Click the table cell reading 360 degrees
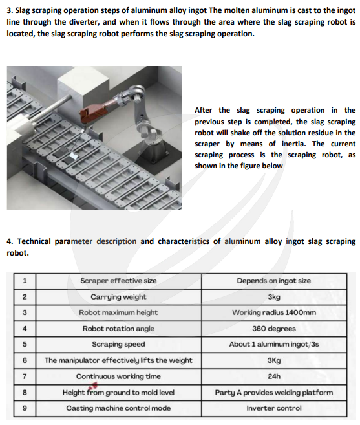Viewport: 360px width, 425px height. tap(274, 329)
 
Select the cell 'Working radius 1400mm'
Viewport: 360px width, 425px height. tap(274, 313)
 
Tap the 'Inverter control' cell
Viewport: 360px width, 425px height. tap(274, 408)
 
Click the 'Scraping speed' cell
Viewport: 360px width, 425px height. tap(118, 345)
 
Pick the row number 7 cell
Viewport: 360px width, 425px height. tap(25, 376)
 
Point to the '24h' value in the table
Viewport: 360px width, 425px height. tap(274, 376)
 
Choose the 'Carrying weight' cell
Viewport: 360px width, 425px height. tap(118, 297)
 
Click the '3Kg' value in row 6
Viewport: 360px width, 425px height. tap(274, 360)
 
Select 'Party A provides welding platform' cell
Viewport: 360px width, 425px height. tap(274, 393)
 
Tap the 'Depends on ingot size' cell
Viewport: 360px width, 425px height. tap(274, 281)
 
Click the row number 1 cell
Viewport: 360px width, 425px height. tap(25, 281)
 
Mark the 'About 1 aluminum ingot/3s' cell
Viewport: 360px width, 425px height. tap(274, 345)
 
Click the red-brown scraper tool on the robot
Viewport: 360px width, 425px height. tap(93, 112)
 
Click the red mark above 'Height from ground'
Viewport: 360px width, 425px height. tap(93, 386)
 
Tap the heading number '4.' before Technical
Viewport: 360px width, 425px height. tap(10, 241)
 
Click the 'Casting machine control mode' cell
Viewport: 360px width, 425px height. tap(118, 408)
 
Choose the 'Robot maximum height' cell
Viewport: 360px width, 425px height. tap(118, 313)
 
